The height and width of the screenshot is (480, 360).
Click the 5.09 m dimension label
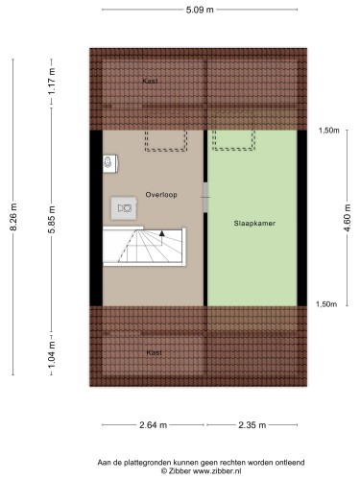(200, 10)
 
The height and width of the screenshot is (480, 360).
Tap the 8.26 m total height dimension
(13, 217)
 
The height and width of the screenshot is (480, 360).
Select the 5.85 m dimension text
(52, 220)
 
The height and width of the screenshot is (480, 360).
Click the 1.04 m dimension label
(52, 354)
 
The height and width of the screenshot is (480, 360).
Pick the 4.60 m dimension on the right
(348, 218)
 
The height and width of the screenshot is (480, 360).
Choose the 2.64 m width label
(153, 425)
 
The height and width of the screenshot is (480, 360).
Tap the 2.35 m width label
(252, 425)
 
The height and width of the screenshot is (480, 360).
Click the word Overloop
(161, 195)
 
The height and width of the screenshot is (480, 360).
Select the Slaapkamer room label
(254, 224)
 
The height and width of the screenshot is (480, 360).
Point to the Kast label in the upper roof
(150, 82)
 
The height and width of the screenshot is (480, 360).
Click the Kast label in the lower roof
(155, 352)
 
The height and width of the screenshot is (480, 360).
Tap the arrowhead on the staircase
(162, 233)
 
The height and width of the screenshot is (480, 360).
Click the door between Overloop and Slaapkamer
(205, 197)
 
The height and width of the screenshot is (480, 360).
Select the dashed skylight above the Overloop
(166, 140)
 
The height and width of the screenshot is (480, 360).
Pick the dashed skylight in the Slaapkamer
(233, 140)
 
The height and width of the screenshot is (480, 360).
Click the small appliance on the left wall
(110, 163)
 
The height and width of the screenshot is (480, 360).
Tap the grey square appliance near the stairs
(124, 208)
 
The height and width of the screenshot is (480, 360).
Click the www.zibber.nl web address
(217, 470)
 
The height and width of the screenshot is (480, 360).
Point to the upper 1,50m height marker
(329, 131)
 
